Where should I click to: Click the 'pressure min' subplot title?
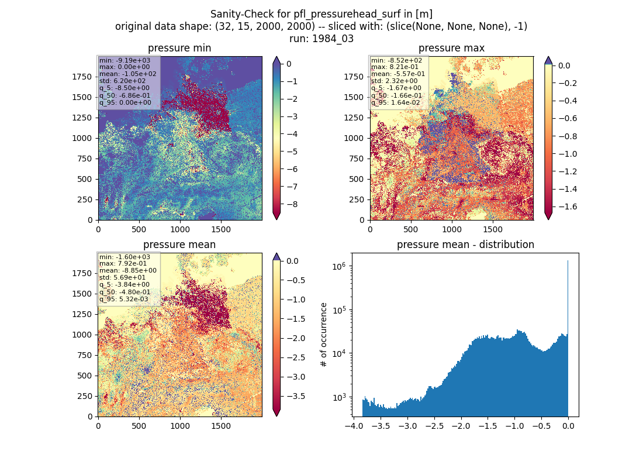pos(179,48)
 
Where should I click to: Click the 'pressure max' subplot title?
pos(451,48)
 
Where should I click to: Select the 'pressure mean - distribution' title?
pos(465,245)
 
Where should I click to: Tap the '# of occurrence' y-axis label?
pos(324,335)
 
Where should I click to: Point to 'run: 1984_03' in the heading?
pos(321,39)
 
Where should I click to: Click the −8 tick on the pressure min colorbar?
pos(292,204)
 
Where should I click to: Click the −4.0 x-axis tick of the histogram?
pos(354,426)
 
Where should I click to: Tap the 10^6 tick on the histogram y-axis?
pos(338,266)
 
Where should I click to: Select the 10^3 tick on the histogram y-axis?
pos(338,397)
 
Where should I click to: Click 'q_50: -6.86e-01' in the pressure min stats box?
pos(125,95)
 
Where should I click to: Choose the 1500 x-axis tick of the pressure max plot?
pos(493,229)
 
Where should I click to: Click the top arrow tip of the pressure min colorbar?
pos(277,57)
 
